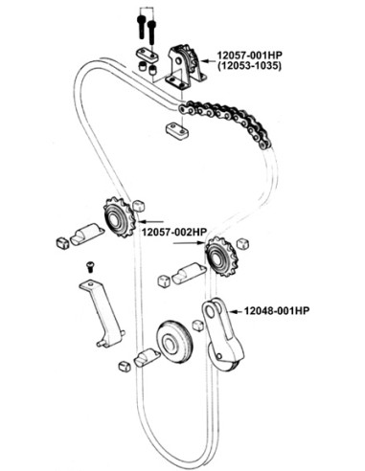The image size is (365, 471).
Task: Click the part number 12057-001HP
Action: coord(249,55)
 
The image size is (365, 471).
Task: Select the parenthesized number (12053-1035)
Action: coord(249,66)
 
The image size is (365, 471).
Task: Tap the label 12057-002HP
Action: coord(174,232)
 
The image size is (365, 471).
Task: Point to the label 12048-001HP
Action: coord(277,310)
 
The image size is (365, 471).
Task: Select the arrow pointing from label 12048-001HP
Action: coord(236,311)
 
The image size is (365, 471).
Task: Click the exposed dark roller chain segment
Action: coord(225,122)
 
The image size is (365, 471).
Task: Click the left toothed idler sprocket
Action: coord(118,217)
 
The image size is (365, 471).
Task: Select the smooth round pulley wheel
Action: coord(174,342)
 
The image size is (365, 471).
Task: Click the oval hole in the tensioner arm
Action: coord(210,311)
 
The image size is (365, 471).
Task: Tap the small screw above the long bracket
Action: coord(91,266)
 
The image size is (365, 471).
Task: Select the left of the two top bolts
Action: coord(141,27)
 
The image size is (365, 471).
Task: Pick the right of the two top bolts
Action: coord(152,32)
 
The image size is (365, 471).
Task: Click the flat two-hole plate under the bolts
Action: coord(148,54)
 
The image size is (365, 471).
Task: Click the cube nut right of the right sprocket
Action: coord(242,243)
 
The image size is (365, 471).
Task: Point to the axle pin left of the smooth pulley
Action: coord(147,358)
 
